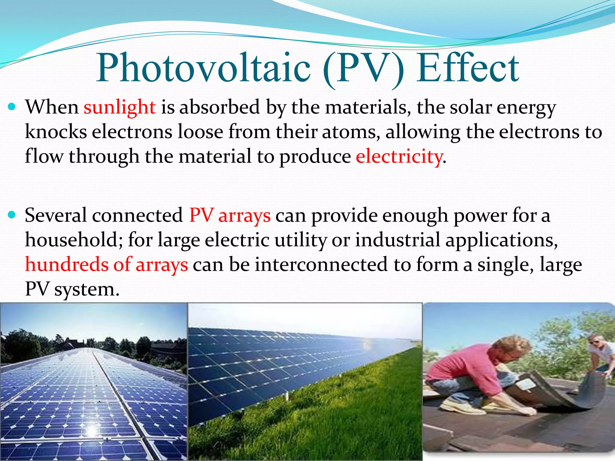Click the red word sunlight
coord(120,107)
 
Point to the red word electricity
coord(399,156)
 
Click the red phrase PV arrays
coord(230,215)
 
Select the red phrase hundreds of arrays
coord(106,264)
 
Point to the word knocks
coord(56,132)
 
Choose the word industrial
coord(398,240)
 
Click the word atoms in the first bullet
coord(348,132)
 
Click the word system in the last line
coord(87,290)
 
